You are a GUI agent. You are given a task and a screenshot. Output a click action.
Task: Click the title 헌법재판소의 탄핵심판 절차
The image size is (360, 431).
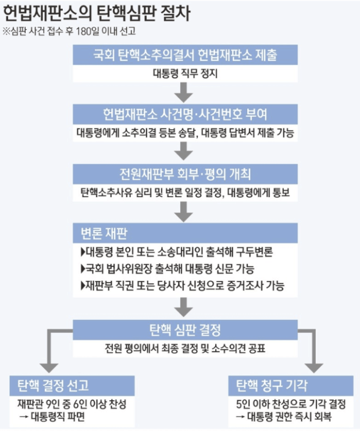point(98,12)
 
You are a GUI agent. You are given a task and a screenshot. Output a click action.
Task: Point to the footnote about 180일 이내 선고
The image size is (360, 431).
point(72,31)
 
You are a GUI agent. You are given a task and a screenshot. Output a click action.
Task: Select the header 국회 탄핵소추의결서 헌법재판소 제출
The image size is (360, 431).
point(186,55)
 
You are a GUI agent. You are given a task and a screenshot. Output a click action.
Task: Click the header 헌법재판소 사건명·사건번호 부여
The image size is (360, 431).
point(186,113)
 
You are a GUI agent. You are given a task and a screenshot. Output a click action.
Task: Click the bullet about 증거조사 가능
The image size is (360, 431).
point(183,286)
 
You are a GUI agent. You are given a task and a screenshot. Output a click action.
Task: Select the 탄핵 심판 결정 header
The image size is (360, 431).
point(186,330)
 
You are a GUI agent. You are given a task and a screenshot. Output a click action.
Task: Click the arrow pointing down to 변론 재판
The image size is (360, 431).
point(185,212)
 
